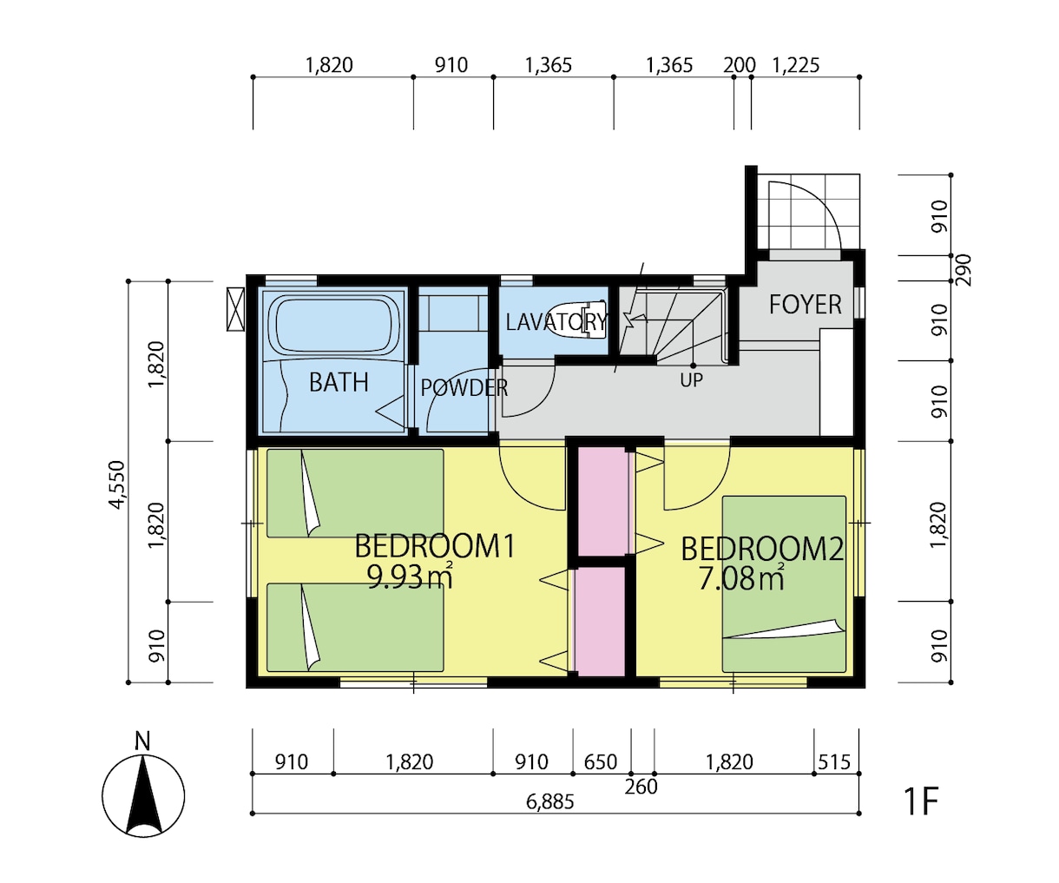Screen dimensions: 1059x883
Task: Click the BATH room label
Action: [x=339, y=382]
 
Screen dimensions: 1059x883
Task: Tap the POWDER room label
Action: [x=464, y=388]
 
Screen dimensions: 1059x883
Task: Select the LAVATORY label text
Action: [x=556, y=322]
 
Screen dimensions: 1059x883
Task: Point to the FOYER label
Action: [x=805, y=305]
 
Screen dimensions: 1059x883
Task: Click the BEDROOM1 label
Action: [x=435, y=546]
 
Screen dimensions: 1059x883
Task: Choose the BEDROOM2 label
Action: [x=762, y=549]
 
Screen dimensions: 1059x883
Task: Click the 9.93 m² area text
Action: [x=410, y=577]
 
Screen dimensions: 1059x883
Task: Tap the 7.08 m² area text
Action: [x=741, y=578]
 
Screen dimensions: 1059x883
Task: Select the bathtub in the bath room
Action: [x=334, y=325]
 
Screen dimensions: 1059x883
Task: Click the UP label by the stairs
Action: [x=691, y=380]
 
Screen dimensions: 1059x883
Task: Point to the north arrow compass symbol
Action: [x=143, y=795]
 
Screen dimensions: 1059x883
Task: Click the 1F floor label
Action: [x=920, y=801]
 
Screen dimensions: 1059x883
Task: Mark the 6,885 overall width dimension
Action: [x=550, y=801]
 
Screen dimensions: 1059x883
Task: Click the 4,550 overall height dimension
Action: [x=117, y=484]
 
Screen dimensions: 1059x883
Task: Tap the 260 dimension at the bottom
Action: [x=641, y=787]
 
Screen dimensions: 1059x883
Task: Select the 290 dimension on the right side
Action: [x=962, y=270]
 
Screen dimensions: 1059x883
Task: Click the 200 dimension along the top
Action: [x=740, y=65]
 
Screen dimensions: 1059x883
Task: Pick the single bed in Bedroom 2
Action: [x=784, y=584]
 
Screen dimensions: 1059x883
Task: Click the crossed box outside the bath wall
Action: [x=235, y=309]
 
